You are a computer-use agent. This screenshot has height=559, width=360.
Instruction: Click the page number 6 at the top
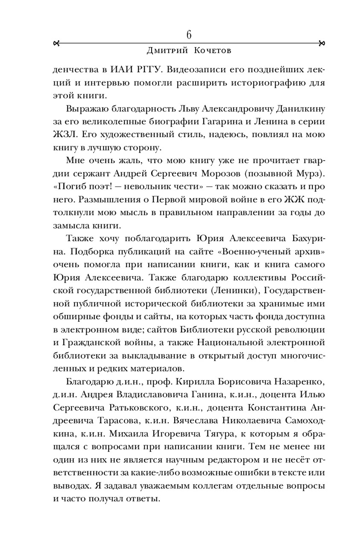coord(189,35)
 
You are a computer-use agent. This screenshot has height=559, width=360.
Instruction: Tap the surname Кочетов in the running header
coord(212,51)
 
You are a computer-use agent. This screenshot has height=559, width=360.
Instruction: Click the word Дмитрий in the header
coord(167,51)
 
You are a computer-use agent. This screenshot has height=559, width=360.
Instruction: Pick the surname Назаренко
coord(300,382)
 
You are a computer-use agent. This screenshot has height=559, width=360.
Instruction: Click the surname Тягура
coord(219,434)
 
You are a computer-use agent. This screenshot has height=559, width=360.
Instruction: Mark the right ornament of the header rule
coord(322,44)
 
